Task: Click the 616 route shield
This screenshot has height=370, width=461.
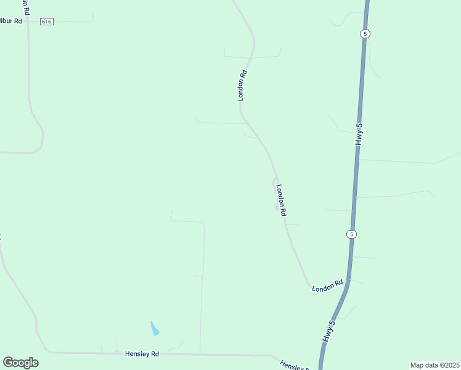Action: (x=47, y=21)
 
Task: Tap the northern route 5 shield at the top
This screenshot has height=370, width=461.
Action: (x=365, y=34)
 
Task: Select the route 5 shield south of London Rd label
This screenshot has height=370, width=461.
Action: (x=351, y=234)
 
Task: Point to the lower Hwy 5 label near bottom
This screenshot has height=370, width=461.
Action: (x=330, y=332)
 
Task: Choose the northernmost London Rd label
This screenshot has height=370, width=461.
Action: (x=242, y=85)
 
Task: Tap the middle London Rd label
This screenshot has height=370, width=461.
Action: (x=281, y=200)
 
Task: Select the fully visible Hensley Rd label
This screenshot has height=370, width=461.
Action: (x=142, y=354)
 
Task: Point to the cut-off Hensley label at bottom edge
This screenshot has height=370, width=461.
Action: (x=293, y=366)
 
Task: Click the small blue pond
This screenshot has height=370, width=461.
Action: (x=154, y=328)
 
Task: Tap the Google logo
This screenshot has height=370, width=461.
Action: (x=20, y=363)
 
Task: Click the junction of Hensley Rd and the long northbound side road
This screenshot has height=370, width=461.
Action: (x=200, y=355)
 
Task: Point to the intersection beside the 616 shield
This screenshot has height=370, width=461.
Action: (x=28, y=21)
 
